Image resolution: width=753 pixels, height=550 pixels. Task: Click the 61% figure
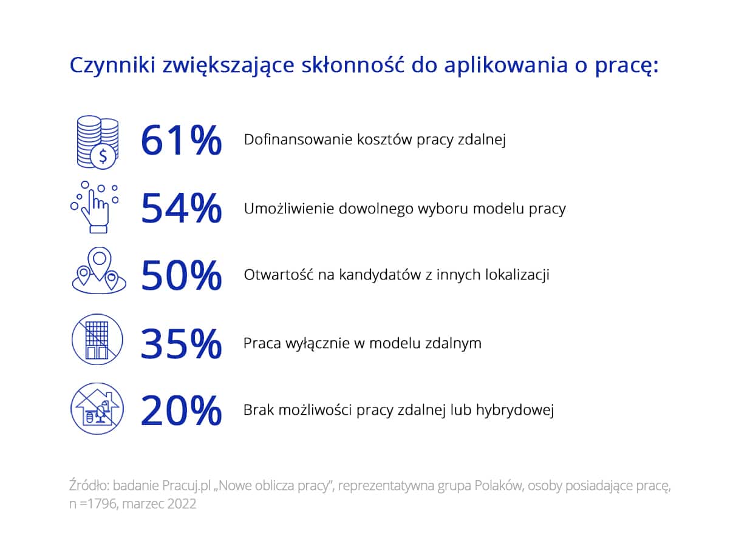[182, 140]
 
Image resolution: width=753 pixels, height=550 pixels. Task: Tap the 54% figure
[182, 208]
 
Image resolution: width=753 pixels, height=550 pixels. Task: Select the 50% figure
[182, 275]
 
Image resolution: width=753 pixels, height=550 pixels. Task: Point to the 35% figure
[181, 344]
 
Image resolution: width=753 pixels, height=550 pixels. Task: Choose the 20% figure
[181, 411]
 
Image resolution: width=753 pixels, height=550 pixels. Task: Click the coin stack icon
[98, 143]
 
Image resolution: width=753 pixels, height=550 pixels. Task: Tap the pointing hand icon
[95, 207]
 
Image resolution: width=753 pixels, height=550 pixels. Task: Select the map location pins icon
[99, 271]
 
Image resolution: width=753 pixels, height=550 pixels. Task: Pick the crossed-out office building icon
[98, 340]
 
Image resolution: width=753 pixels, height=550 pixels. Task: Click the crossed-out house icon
[97, 409]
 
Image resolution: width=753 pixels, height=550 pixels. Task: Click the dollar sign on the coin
[103, 156]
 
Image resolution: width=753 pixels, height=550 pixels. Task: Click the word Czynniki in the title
[112, 66]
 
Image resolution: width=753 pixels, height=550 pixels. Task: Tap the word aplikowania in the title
[506, 66]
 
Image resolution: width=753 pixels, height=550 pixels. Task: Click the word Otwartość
[278, 275]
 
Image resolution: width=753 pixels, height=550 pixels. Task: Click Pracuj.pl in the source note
[186, 486]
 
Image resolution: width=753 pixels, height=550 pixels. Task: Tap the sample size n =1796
[93, 504]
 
